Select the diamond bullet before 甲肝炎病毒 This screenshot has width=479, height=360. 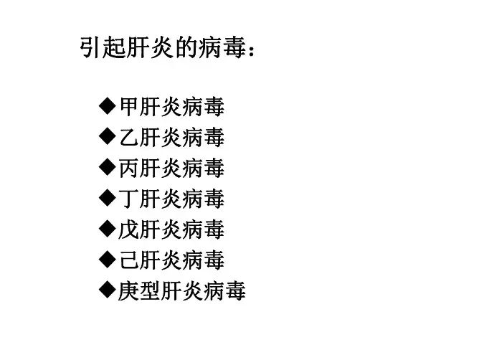107,108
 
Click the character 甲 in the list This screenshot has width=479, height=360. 129,108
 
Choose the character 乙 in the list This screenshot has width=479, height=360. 129,138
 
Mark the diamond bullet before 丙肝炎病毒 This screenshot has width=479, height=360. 107,168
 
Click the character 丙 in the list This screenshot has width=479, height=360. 129,169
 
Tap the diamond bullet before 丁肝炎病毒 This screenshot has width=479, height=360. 107,198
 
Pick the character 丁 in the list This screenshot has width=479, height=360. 129,199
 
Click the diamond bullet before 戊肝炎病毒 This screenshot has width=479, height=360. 107,229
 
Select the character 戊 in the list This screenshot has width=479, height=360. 129,229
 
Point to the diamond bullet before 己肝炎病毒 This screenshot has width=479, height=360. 107,260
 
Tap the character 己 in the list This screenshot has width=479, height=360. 129,260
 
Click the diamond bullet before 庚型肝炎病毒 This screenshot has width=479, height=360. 107,290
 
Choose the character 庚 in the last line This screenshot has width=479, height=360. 129,291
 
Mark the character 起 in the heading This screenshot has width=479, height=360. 113,49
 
